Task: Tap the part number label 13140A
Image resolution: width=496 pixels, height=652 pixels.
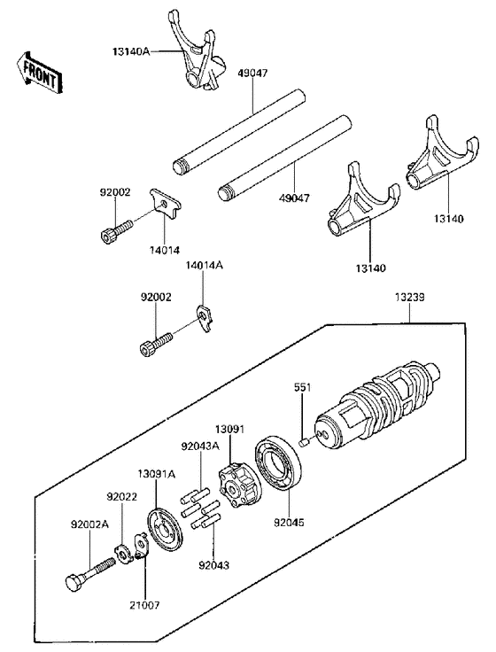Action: [132, 53]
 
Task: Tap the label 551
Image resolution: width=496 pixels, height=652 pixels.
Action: [303, 387]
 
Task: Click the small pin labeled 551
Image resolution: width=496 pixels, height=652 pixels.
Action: [303, 442]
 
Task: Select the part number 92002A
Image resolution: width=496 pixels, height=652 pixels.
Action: [89, 524]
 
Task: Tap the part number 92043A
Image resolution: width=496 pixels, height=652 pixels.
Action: [199, 446]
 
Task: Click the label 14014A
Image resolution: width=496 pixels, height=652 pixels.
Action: [205, 265]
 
